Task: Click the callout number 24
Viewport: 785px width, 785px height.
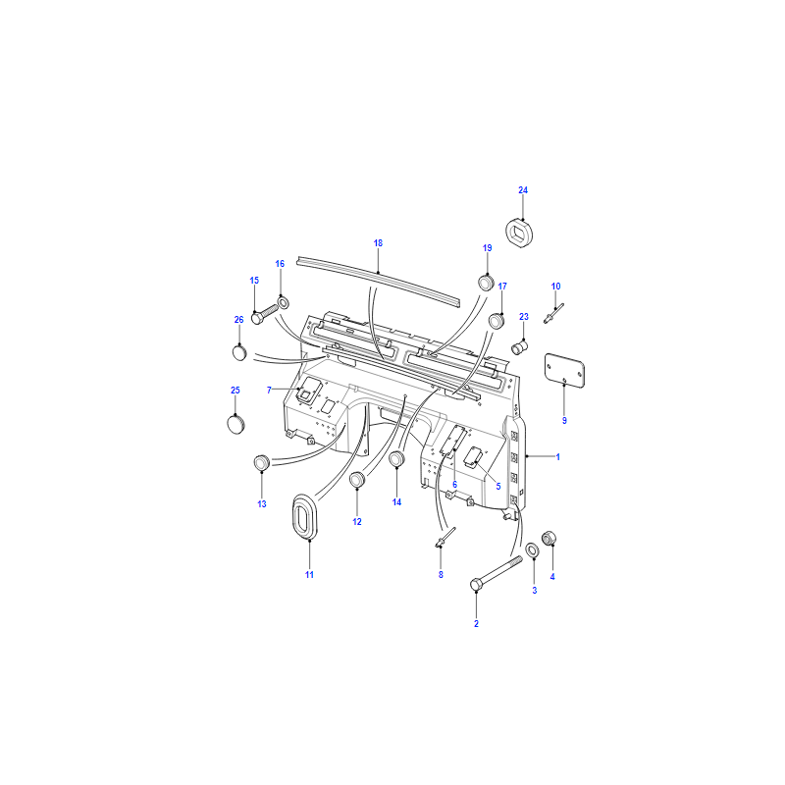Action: coord(523,190)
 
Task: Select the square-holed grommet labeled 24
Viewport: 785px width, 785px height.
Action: coord(519,233)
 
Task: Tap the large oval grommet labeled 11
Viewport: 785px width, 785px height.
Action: coord(303,517)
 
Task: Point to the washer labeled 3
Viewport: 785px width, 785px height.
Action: coord(532,550)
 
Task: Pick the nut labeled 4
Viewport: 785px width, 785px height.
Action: coord(549,538)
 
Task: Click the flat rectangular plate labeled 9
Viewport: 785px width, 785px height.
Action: coord(564,370)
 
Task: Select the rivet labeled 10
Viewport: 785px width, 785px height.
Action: coord(553,313)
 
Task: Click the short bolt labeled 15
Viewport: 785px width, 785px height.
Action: coord(264,313)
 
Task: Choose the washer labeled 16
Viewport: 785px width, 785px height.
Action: coord(283,303)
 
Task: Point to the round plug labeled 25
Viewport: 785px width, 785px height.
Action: coord(235,424)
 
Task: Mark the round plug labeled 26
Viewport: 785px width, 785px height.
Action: coord(239,352)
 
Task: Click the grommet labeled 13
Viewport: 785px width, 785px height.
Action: coord(262,463)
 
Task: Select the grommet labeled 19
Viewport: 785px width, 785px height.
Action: coord(486,283)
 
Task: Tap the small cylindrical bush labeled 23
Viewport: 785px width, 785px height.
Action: coord(519,346)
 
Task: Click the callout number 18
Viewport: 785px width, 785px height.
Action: coord(378,243)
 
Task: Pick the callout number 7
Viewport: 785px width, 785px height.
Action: coord(269,390)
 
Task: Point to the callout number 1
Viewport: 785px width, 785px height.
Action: coord(557,457)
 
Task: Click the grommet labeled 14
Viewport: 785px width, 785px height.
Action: coord(397,458)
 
